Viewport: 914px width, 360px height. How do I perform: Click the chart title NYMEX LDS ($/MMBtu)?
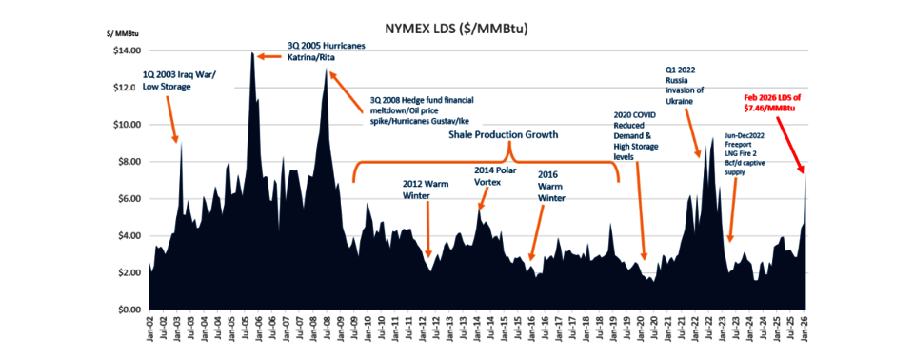click(x=456, y=29)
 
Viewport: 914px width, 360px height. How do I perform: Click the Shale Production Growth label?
click(x=503, y=135)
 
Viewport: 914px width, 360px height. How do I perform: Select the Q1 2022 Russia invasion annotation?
click(x=686, y=85)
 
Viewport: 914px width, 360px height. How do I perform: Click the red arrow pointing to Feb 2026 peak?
click(x=787, y=143)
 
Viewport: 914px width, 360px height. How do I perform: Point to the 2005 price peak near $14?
click(x=252, y=55)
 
